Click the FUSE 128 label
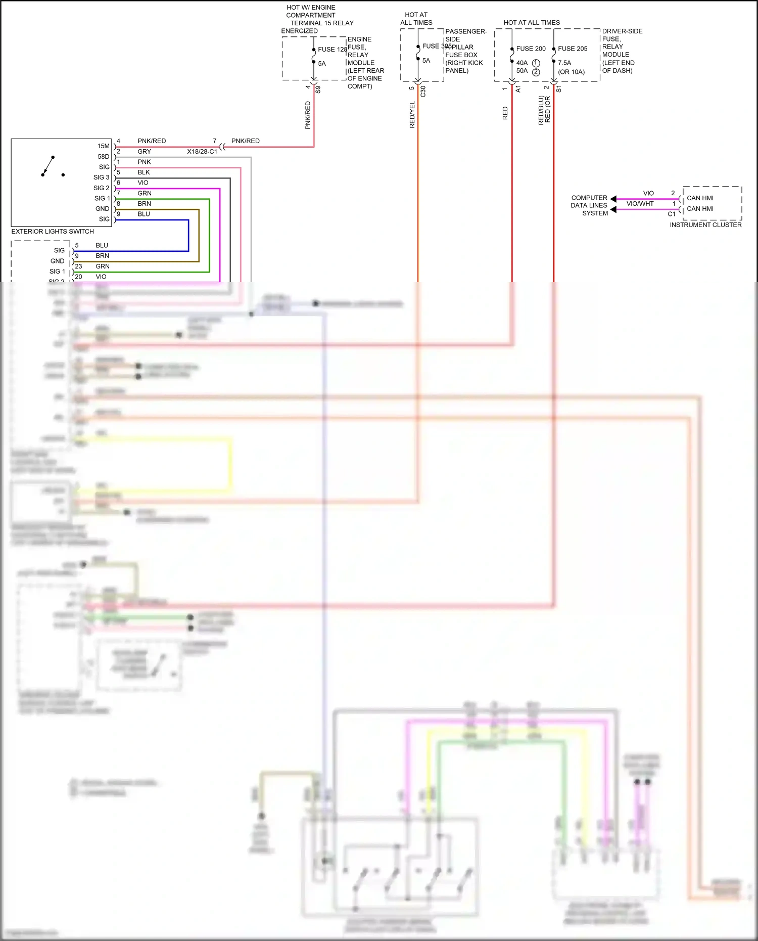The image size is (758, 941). pyautogui.click(x=332, y=50)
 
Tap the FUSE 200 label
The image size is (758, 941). pyautogui.click(x=531, y=49)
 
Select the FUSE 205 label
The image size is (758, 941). pyautogui.click(x=573, y=49)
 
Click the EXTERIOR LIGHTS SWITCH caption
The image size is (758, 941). pyautogui.click(x=53, y=232)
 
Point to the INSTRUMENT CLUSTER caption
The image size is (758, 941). pyautogui.click(x=705, y=225)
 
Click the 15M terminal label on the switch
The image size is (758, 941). pyautogui.click(x=103, y=146)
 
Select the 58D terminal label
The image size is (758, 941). pyautogui.click(x=103, y=157)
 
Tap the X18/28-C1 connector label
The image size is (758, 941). pyautogui.click(x=202, y=152)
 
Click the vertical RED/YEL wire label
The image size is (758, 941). pyautogui.click(x=412, y=114)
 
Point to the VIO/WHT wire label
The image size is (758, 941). pyautogui.click(x=640, y=204)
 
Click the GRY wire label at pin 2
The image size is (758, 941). pyautogui.click(x=144, y=152)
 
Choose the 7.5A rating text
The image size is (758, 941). pyautogui.click(x=564, y=63)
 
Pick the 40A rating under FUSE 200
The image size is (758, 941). pyautogui.click(x=522, y=63)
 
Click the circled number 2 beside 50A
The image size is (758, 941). pyautogui.click(x=536, y=72)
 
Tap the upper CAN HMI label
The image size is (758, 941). pyautogui.click(x=700, y=198)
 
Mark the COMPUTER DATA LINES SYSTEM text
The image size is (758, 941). pyautogui.click(x=589, y=205)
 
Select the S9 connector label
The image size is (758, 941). pyautogui.click(x=318, y=90)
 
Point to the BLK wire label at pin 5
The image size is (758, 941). pyautogui.click(x=144, y=172)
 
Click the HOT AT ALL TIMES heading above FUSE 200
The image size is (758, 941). pyautogui.click(x=532, y=23)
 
